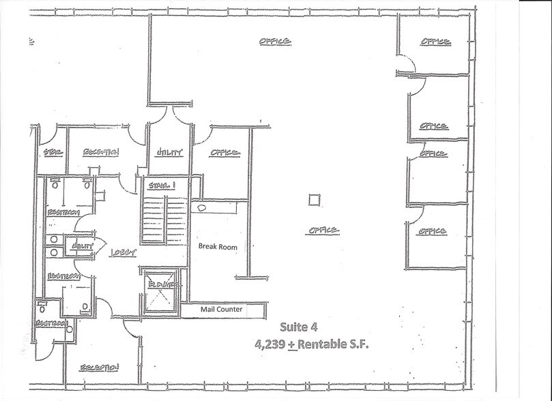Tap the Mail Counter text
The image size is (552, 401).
pyautogui.click(x=221, y=310)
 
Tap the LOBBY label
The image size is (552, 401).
pyautogui.click(x=124, y=252)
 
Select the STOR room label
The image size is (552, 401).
pyautogui.click(x=53, y=152)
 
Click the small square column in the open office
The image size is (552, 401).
pyautogui.click(x=313, y=200)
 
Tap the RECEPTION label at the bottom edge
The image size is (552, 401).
pyautogui.click(x=100, y=368)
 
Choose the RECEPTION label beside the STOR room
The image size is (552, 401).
pyautogui.click(x=101, y=152)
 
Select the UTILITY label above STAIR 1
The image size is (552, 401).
pyautogui.click(x=169, y=153)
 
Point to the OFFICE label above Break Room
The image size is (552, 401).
pyautogui.click(x=224, y=153)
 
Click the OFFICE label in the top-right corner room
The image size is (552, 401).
pyautogui.click(x=435, y=42)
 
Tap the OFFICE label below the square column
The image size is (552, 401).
pyautogui.click(x=323, y=231)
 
